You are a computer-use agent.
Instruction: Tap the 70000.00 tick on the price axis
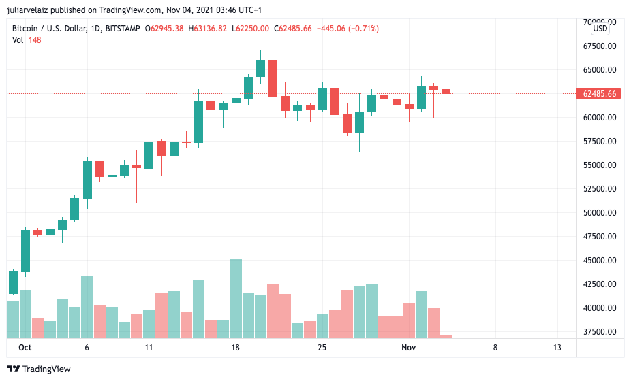coord(600,22)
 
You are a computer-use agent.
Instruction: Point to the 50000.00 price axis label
coord(600,213)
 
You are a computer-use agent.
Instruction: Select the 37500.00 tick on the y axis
coord(600,332)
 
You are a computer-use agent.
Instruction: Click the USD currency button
coord(600,29)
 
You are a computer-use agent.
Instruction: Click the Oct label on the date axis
coord(25,348)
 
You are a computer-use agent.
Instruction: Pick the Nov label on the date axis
coord(408,348)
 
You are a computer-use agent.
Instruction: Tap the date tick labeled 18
coord(236,348)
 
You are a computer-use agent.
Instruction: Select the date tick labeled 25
coord(322,348)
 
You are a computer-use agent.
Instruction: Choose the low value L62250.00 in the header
coord(251,29)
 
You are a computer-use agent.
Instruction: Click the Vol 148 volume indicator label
coord(27,40)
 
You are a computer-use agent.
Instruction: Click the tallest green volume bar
coord(236,298)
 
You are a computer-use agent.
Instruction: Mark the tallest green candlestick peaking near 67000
coord(260,68)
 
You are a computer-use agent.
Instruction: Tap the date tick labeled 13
coord(557,348)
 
